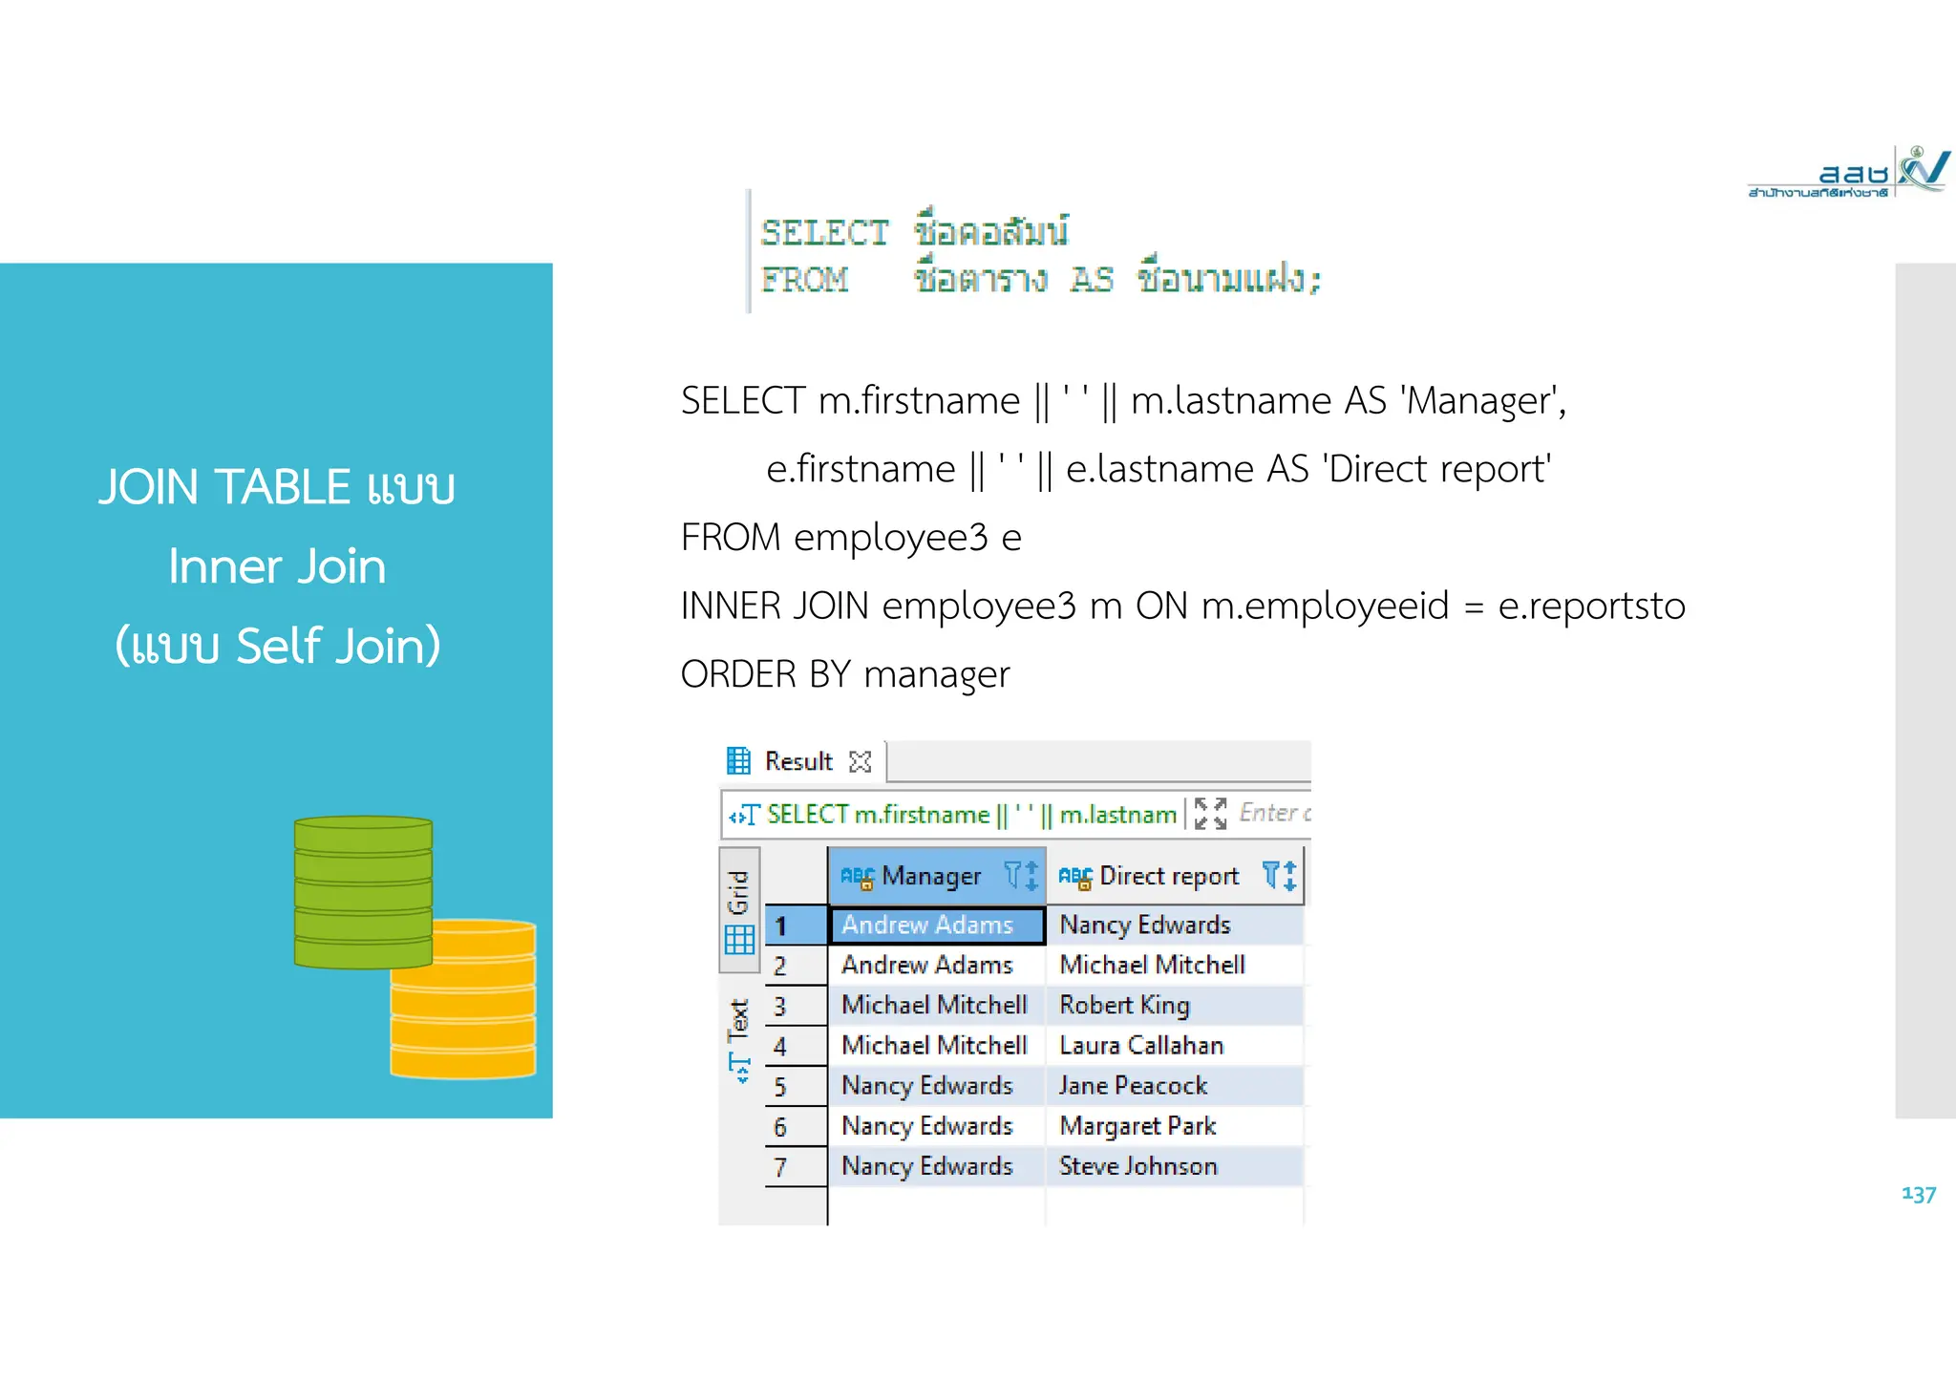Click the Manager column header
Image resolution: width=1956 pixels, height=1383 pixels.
[930, 876]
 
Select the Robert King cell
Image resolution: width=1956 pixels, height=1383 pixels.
[1124, 1006]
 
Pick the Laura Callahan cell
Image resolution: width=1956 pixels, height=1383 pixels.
[1140, 1046]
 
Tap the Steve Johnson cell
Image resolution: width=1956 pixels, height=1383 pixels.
[1137, 1166]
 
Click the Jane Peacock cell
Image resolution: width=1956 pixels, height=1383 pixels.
[1133, 1086]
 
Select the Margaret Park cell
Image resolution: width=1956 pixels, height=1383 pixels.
[1137, 1126]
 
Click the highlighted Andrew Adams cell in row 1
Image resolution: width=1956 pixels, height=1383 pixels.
[927, 926]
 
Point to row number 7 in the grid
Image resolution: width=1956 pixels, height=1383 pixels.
[780, 1167]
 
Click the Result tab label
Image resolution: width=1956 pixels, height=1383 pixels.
[797, 761]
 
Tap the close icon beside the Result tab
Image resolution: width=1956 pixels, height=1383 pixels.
[861, 761]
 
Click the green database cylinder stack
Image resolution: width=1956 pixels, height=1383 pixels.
[363, 890]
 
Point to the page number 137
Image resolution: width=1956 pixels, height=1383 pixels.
[1918, 1194]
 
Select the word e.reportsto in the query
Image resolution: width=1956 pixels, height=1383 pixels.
[1591, 606]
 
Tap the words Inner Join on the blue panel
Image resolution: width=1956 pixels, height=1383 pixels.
[277, 566]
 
